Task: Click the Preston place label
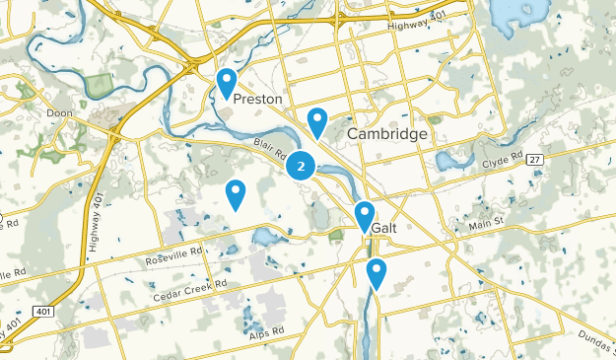[x=257, y=100]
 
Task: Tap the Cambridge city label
[x=387, y=134]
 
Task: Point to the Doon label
[x=60, y=113]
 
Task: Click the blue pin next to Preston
[x=227, y=82]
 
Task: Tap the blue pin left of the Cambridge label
[x=317, y=121]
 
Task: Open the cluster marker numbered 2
[x=301, y=167]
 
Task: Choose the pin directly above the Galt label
[x=365, y=215]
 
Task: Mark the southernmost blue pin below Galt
[x=376, y=272]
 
